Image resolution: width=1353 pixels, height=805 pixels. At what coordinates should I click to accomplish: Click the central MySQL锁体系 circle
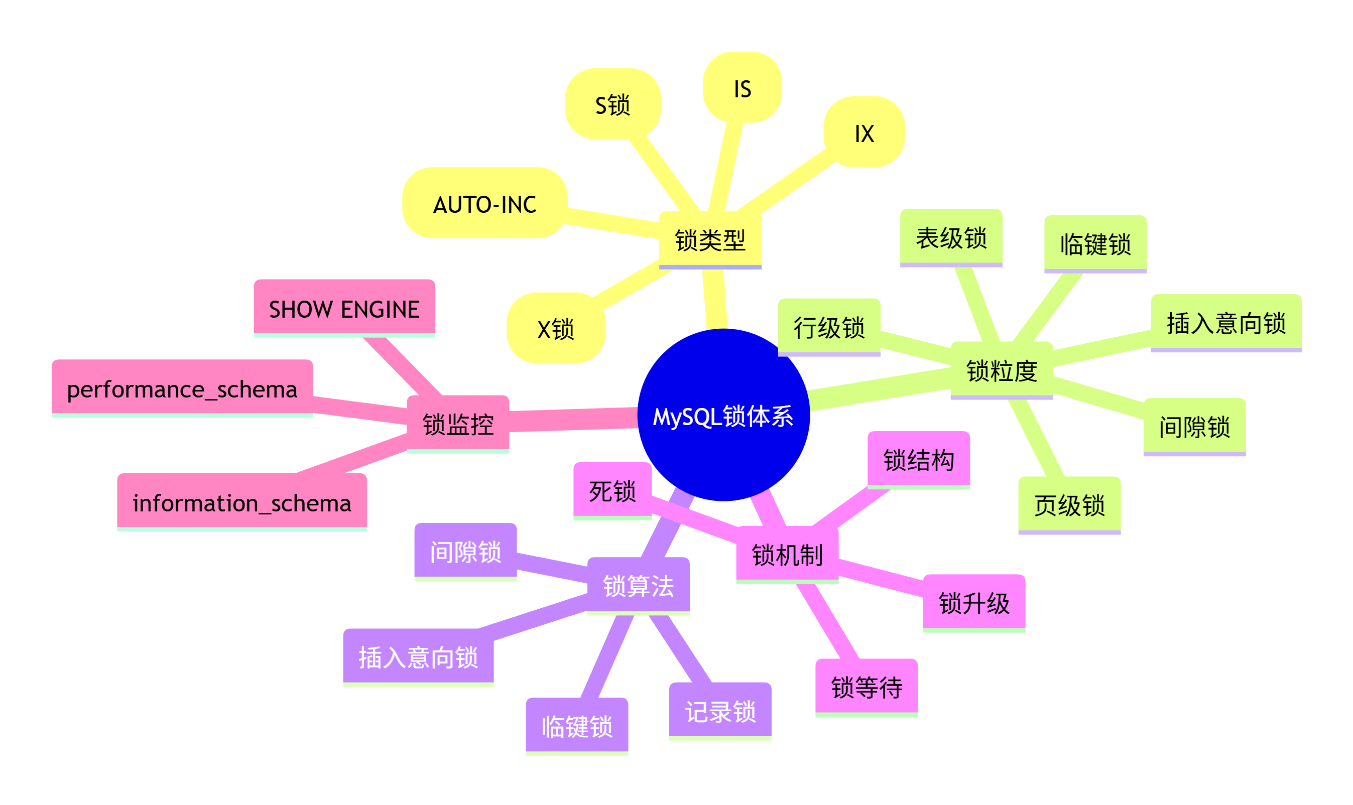(x=722, y=415)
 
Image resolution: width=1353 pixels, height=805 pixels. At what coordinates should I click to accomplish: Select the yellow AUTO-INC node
(x=484, y=203)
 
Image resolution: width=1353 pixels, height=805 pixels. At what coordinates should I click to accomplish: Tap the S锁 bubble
(x=612, y=104)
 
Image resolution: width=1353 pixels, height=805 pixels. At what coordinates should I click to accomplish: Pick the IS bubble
(x=742, y=88)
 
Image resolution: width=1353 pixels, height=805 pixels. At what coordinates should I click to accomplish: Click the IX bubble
(x=864, y=132)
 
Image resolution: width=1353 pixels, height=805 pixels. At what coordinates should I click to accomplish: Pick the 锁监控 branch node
(x=457, y=423)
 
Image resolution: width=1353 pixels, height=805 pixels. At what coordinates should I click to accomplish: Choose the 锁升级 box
(x=974, y=602)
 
